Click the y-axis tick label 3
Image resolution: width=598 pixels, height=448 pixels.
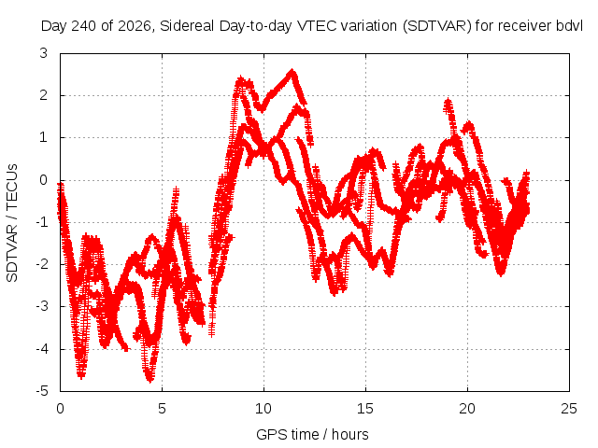pyautogui.click(x=44, y=53)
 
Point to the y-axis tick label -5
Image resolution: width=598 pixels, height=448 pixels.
pyautogui.click(x=41, y=391)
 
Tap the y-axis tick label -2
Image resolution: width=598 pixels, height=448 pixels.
pyautogui.click(x=41, y=264)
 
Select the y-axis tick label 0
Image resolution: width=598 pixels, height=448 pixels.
pyautogui.click(x=44, y=180)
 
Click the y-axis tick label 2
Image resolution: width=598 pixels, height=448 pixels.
pyautogui.click(x=44, y=95)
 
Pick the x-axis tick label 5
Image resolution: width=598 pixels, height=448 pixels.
pyautogui.click(x=162, y=409)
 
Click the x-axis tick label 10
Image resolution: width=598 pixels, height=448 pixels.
pyautogui.click(x=263, y=409)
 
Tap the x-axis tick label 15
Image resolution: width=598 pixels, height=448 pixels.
pyautogui.click(x=365, y=409)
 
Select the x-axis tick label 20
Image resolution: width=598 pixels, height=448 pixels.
pyautogui.click(x=467, y=409)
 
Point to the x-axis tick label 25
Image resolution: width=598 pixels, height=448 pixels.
pyautogui.click(x=569, y=409)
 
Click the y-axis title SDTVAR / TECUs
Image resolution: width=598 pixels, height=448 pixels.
pyautogui.click(x=12, y=223)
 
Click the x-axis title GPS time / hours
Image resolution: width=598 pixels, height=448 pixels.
pyautogui.click(x=312, y=434)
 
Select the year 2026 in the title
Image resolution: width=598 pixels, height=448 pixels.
pyautogui.click(x=135, y=26)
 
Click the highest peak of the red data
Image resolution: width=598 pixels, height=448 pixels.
pyautogui.click(x=292, y=71)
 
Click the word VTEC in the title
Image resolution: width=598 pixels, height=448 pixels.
pyautogui.click(x=316, y=26)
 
